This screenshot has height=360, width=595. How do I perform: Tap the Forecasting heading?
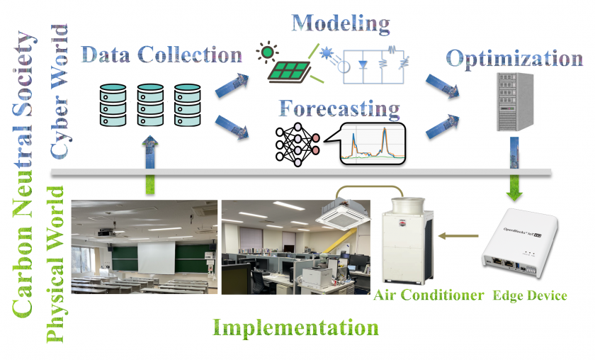pyautogui.click(x=340, y=110)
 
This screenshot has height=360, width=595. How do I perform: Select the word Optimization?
pyautogui.click(x=515, y=58)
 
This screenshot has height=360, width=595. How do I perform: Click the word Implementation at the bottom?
pyautogui.click(x=296, y=328)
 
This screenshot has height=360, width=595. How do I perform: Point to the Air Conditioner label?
pyautogui.click(x=429, y=295)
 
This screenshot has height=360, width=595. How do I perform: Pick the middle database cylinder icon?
pyautogui.click(x=150, y=106)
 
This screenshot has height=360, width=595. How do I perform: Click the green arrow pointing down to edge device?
pyautogui.click(x=514, y=186)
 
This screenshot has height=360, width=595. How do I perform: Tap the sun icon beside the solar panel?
pyautogui.click(x=266, y=52)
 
